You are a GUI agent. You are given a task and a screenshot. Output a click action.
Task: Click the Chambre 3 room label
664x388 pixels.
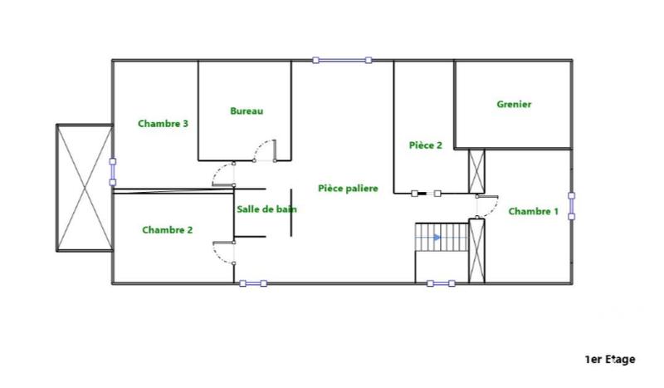click(163, 124)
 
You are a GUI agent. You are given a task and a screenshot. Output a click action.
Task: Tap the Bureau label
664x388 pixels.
click(247, 111)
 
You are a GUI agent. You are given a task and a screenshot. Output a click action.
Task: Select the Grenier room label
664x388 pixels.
click(514, 105)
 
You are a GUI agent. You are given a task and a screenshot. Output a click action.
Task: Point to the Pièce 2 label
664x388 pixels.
click(426, 145)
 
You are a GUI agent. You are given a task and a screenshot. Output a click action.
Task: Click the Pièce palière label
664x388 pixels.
click(348, 189)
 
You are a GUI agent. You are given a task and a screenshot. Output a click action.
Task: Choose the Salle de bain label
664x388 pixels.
click(266, 209)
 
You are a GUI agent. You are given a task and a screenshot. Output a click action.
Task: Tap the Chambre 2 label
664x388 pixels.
click(167, 230)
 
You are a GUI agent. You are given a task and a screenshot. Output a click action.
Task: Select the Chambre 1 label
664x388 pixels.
click(533, 211)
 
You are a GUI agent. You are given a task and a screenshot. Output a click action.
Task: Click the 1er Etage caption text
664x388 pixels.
click(610, 359)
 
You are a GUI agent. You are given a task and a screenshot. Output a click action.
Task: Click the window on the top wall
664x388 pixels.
click(342, 60)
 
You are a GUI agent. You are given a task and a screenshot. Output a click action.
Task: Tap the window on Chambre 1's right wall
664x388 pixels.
click(571, 206)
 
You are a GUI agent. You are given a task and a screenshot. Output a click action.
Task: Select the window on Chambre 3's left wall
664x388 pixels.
click(112, 171)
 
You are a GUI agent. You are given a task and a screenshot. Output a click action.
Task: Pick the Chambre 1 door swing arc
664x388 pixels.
click(487, 206)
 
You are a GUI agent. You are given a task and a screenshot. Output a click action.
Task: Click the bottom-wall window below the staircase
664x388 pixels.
click(442, 283)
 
